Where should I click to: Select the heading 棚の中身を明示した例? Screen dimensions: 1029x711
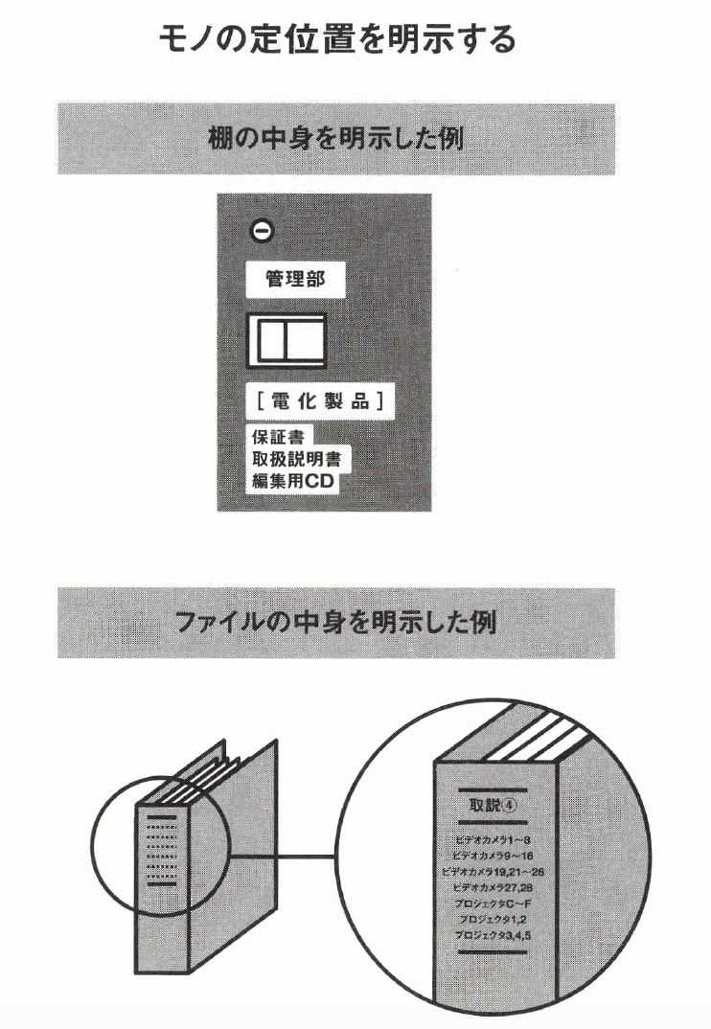tap(336, 139)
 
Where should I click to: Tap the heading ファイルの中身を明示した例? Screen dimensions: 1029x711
tap(336, 623)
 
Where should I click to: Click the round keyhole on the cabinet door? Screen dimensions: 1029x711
tap(260, 230)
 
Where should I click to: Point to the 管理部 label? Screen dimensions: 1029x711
tap(295, 280)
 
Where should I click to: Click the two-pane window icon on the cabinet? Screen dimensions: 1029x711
tap(287, 339)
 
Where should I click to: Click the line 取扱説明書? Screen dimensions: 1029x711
tap(295, 459)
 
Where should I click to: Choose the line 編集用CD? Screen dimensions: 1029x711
tap(292, 482)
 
